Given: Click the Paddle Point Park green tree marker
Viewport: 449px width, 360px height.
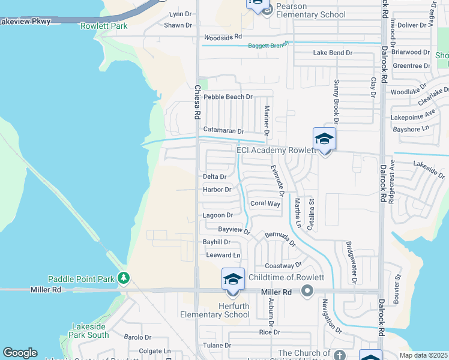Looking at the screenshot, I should click(124, 278).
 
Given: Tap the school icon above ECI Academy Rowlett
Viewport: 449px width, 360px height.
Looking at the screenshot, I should click(324, 139).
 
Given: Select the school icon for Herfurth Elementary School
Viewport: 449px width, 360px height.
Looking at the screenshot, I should click(233, 279).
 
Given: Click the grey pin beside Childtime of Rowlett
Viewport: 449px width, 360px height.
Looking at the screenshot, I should click(307, 291).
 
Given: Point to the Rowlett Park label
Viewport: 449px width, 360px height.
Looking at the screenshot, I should click(104, 26).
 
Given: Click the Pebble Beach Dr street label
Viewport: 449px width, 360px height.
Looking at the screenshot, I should click(228, 97).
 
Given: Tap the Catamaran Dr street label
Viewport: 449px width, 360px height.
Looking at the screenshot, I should click(223, 130).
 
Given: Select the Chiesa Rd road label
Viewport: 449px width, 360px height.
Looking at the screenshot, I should click(196, 102).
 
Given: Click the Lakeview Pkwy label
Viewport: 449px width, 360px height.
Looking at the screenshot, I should click(25, 22).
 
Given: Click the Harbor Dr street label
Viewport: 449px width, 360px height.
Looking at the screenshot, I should click(217, 190).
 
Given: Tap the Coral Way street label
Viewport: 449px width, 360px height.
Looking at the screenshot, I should click(265, 203).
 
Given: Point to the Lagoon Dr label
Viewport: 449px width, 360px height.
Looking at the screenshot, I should click(217, 215).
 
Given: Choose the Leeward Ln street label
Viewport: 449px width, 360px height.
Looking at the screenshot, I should click(218, 255).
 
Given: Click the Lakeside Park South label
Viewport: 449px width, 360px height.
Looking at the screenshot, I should click(89, 331).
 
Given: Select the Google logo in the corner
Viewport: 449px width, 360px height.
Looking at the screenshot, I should click(20, 353).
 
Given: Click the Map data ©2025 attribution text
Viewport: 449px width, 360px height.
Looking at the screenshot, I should click(423, 355).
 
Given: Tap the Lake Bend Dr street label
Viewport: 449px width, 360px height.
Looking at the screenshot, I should click(333, 53).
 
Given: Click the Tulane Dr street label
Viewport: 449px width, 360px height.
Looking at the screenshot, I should click(217, 346).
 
